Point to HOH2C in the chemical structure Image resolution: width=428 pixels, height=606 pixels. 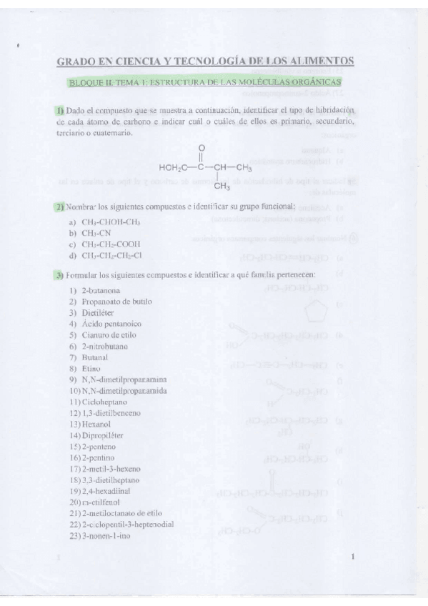tap(174, 168)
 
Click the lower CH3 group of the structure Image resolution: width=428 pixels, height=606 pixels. tap(222, 187)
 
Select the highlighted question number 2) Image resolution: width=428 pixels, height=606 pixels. tap(59, 207)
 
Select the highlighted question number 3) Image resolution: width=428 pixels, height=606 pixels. tap(59, 274)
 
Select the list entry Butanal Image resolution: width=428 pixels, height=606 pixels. tap(95, 357)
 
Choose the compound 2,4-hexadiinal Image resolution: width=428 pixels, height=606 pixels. tap(107, 491)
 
